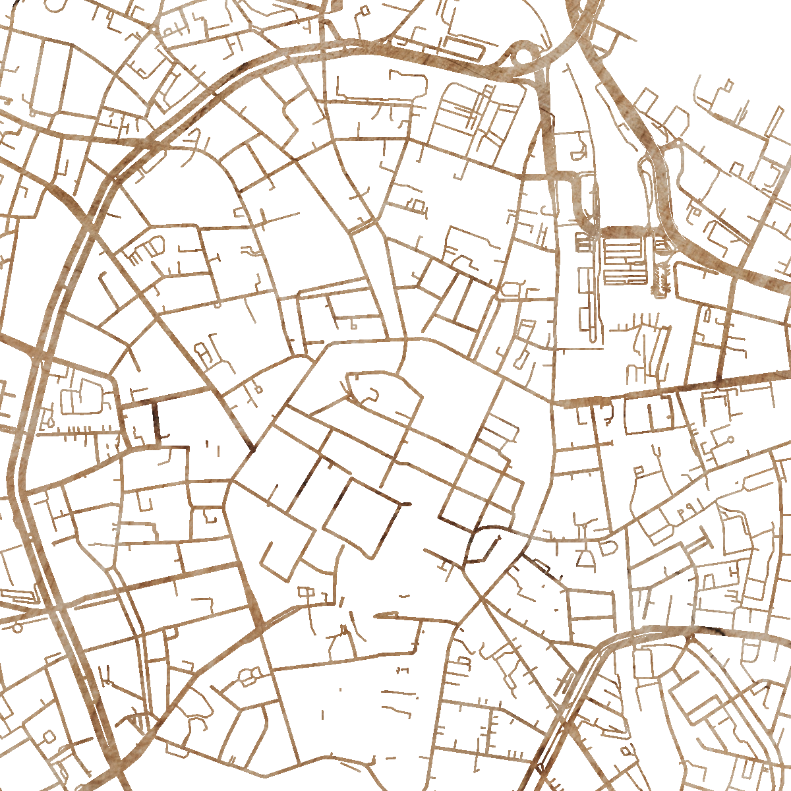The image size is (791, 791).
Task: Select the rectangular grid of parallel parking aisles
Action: tap(623, 261)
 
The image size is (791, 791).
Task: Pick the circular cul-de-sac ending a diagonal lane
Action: tap(730, 440)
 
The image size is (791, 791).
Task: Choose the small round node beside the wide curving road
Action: tap(677, 142)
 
